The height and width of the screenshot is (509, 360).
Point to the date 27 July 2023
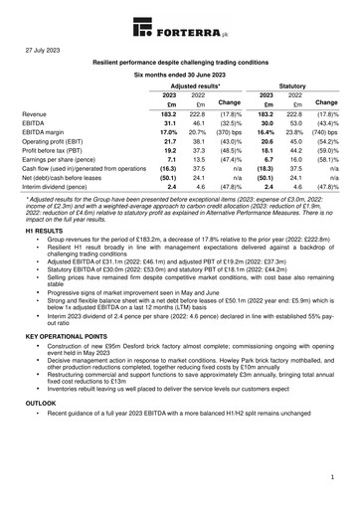[47, 48]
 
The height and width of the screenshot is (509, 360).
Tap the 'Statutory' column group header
[293, 86]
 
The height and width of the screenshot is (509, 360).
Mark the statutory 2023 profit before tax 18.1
[267, 150]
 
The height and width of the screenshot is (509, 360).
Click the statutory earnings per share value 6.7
[268, 159]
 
